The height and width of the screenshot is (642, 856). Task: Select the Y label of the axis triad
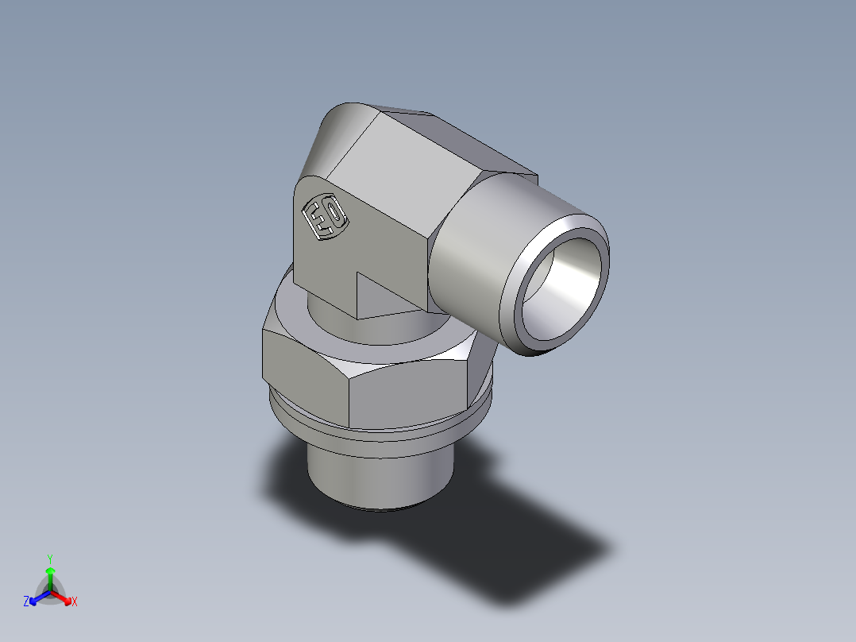[x=50, y=559]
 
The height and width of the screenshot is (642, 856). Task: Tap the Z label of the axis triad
[x=26, y=601]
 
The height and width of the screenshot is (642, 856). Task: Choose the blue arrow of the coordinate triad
[x=37, y=598]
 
